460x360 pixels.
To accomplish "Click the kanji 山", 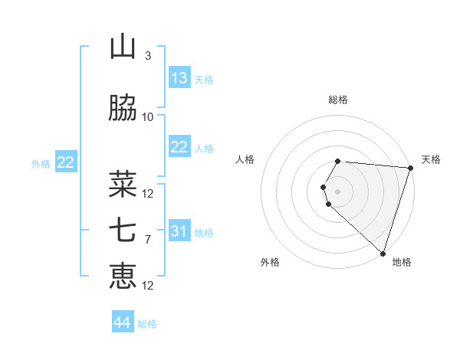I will click(x=123, y=47).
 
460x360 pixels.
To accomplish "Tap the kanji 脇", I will click(x=123, y=109).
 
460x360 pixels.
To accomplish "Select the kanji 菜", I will click(x=123, y=185).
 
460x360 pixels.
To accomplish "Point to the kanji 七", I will click(x=123, y=231).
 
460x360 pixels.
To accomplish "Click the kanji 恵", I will click(x=123, y=277).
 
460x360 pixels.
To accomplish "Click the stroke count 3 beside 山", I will click(x=148, y=56).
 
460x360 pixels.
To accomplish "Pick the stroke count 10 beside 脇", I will click(x=148, y=117).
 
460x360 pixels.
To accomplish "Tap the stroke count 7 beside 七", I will click(x=148, y=240).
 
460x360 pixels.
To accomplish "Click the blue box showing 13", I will click(x=179, y=78).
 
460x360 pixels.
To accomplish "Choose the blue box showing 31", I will click(x=179, y=231).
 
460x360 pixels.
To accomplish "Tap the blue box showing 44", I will click(x=123, y=322).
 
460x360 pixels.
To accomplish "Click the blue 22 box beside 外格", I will click(x=66, y=162).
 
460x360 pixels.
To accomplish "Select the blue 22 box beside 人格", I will click(x=179, y=147).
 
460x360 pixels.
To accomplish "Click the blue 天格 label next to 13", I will click(x=203, y=79).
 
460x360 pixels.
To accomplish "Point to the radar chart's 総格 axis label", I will click(x=338, y=100).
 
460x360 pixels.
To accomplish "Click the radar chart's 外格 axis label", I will click(x=270, y=262).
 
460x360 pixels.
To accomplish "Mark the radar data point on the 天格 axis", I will click(x=411, y=168).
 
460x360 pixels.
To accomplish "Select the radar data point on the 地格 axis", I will click(x=383, y=253).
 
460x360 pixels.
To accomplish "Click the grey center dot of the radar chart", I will click(x=338, y=191).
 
